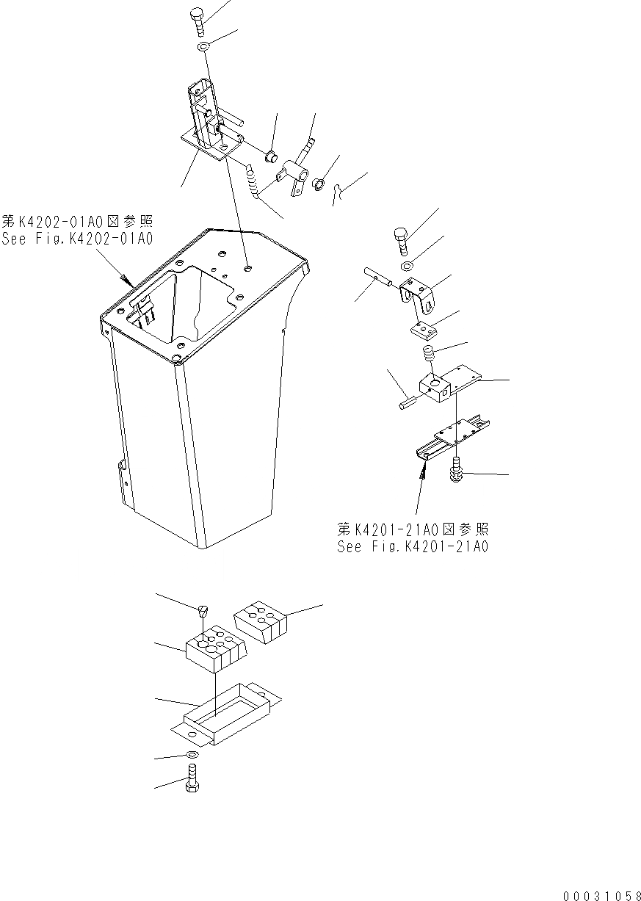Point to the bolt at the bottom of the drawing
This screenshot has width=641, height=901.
pyautogui.click(x=191, y=776)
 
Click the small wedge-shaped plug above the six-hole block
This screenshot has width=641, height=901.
pyautogui.click(x=205, y=609)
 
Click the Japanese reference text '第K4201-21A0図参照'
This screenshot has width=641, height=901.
pyautogui.click(x=413, y=529)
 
